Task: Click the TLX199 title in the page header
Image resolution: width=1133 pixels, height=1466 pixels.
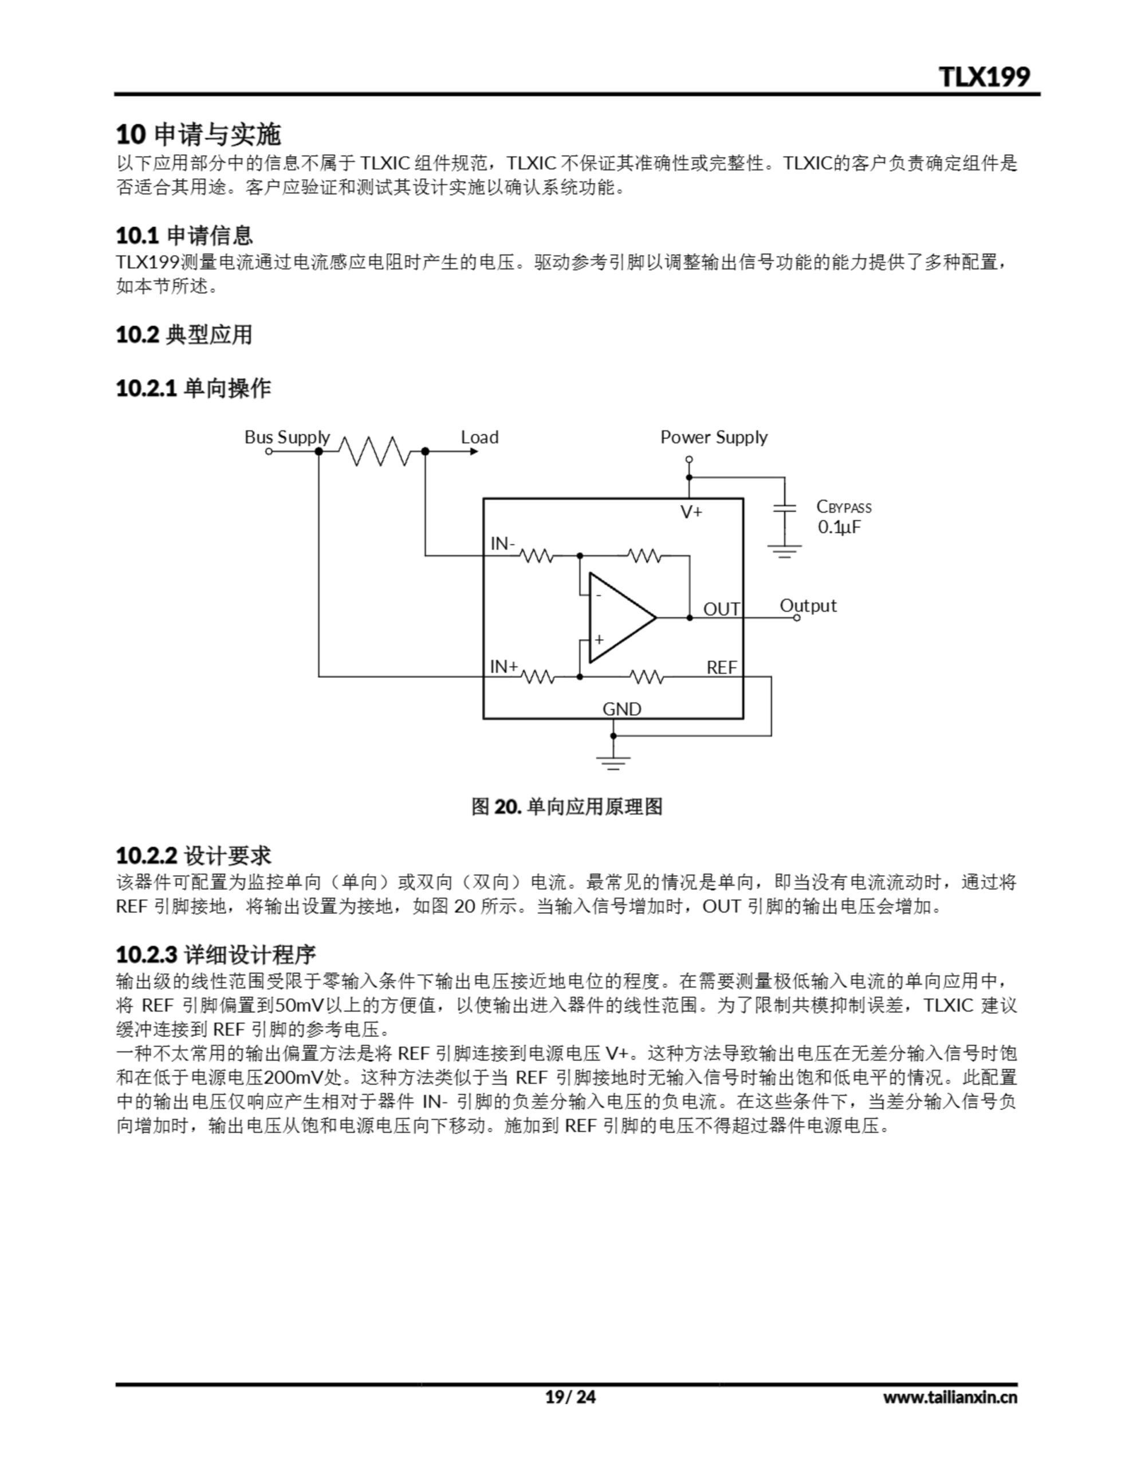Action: pos(984,77)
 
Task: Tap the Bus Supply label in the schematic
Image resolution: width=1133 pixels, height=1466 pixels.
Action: pos(287,438)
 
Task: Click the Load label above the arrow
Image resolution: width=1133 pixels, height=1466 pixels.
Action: pos(479,438)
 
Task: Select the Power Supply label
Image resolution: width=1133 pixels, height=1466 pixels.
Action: pos(713,438)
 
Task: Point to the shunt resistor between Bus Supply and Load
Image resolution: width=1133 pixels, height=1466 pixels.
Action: pos(373,451)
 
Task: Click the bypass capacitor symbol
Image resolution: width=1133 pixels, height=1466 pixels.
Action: pos(784,508)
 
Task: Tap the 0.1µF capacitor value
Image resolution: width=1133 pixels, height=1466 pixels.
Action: pos(839,527)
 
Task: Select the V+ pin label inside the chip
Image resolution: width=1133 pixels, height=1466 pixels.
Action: pos(691,512)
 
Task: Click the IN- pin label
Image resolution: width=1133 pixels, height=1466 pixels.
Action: pos(502,543)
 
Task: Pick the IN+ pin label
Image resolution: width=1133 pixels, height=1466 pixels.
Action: pos(503,667)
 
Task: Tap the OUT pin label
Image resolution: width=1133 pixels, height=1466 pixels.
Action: pos(721,609)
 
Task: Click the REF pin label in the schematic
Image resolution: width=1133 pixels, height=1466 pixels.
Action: pos(721,668)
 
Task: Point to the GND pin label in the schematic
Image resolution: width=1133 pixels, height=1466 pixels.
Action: pos(621,709)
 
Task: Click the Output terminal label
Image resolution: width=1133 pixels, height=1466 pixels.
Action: pos(808,605)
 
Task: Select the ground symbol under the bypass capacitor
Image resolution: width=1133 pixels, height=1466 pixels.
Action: pos(784,553)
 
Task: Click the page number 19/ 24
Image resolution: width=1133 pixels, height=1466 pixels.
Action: pos(570,1397)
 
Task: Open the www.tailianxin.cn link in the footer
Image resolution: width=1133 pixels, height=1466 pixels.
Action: pos(950,1397)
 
